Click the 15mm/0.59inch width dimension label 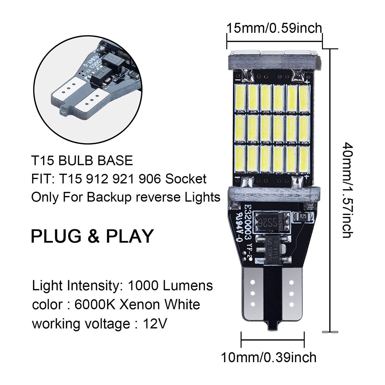point(274,27)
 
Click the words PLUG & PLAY point(92,236)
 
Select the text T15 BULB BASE point(82,160)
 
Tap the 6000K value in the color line point(95,305)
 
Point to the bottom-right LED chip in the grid point(303,159)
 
